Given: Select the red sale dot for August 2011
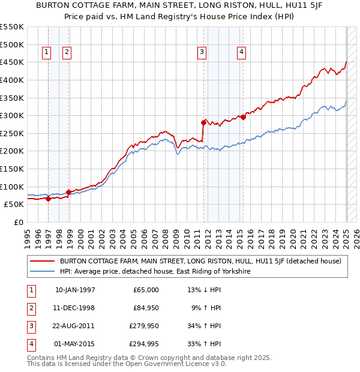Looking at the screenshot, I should coord(203,122).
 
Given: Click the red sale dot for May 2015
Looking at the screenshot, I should coord(243,117).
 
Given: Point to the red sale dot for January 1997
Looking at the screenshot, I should coord(48,199).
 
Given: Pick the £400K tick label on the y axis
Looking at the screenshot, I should coord(12,80).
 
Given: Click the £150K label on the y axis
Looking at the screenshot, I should coord(12,169).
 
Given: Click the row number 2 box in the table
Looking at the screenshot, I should coord(30,308).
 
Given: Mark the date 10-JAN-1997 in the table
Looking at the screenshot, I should coord(75,290).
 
